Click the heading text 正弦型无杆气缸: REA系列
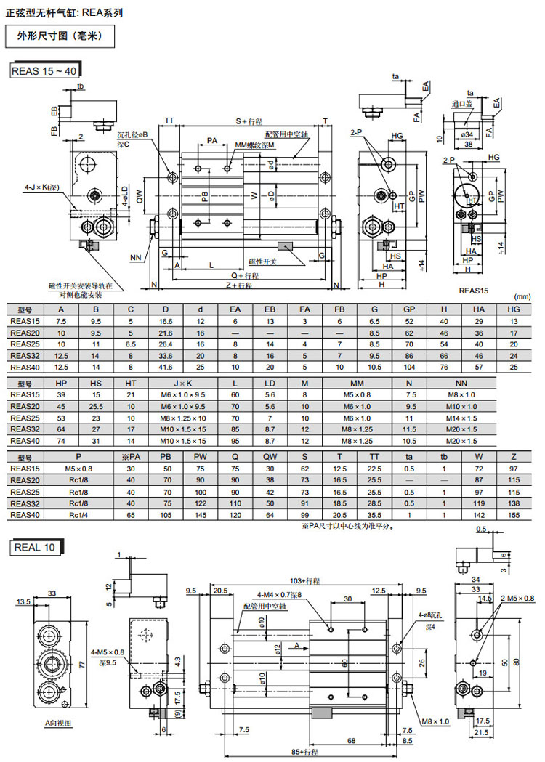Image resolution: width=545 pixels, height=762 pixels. tap(65, 12)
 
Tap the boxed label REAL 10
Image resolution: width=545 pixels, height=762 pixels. tap(36, 547)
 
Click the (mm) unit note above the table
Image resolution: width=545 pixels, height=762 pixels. tap(522, 296)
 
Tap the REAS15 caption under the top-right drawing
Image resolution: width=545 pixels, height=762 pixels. tap(474, 290)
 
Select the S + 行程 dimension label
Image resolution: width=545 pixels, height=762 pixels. tap(249, 121)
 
